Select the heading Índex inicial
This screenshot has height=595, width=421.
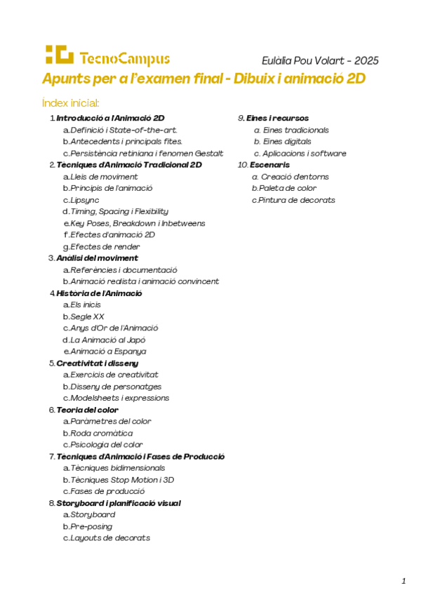[x=71, y=102]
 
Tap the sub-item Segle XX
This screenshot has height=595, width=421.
[x=87, y=316]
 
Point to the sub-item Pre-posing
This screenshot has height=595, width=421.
[x=91, y=526]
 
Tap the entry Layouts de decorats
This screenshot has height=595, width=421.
[x=109, y=538]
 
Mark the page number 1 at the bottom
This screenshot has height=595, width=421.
[x=404, y=580]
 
